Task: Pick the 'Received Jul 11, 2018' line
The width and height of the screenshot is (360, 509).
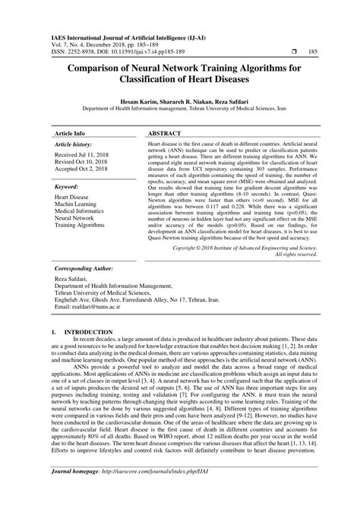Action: (x=84, y=155)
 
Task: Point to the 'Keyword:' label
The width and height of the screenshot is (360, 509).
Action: (x=67, y=185)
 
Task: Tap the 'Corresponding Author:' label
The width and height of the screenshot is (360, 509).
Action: (x=85, y=270)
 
